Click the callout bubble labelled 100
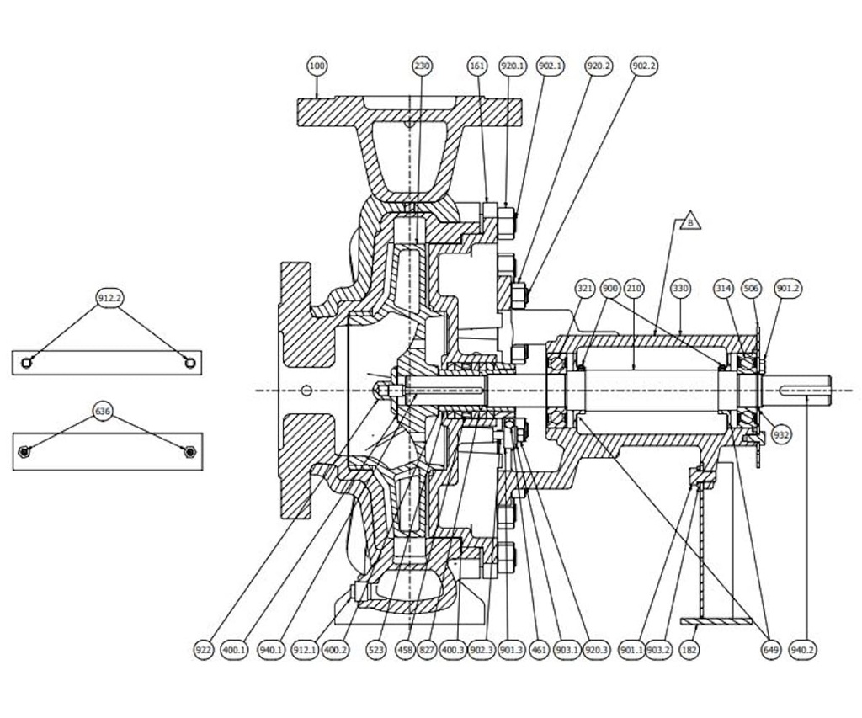click(317, 66)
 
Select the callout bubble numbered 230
click(422, 66)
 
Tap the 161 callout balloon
click(477, 66)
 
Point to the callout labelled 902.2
click(644, 66)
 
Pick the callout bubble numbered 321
click(585, 288)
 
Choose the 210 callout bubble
click(634, 288)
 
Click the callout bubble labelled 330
click(680, 288)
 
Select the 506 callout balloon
click(752, 288)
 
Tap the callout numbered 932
click(781, 435)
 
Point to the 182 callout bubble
click(689, 650)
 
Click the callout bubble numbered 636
click(103, 411)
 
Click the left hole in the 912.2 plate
click(27, 362)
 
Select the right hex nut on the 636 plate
click(190, 452)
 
